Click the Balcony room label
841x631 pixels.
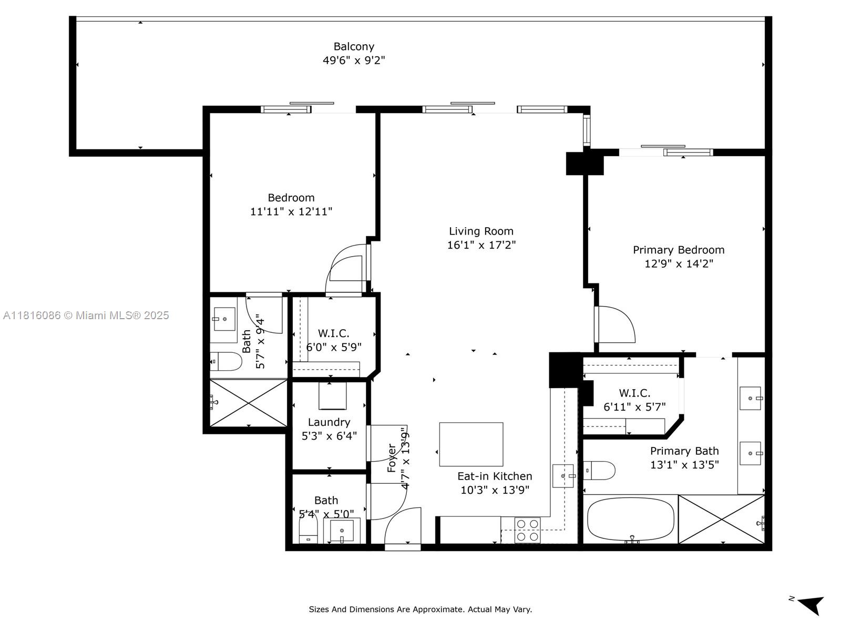(354, 47)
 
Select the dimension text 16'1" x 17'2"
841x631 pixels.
(481, 245)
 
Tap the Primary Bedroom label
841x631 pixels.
(678, 250)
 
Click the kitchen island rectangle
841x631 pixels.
(471, 444)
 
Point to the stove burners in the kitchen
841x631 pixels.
(527, 530)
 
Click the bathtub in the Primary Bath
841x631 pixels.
(630, 519)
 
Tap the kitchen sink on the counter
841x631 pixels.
(563, 476)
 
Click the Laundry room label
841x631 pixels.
(329, 422)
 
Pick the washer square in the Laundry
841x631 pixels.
(332, 396)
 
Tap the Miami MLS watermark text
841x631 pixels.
(86, 315)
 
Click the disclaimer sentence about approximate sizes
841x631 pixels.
(420, 609)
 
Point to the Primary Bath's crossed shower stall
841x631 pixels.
(721, 519)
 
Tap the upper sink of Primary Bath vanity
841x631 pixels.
(750, 398)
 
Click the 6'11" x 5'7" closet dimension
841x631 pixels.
(634, 407)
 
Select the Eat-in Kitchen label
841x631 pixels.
(494, 476)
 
